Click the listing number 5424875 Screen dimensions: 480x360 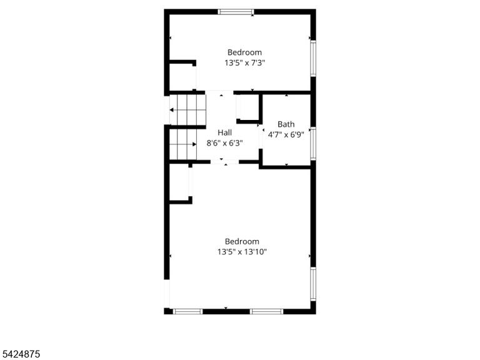point(20,354)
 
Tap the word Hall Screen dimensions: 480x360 point(225,132)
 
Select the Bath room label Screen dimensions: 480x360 point(286,124)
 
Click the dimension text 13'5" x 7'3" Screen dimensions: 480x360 point(244,63)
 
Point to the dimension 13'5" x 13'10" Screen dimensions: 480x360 point(242,252)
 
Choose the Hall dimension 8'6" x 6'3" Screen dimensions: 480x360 point(225,143)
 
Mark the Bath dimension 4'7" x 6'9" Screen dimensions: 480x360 point(286,135)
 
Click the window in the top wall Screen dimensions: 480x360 point(236,12)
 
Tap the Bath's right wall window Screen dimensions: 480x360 point(313,143)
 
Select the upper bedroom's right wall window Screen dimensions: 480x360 point(313,59)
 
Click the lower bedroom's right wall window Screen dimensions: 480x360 point(313,284)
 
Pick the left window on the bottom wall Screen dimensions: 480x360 point(187,311)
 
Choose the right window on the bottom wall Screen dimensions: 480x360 point(267,311)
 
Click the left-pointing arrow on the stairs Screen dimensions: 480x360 point(172,110)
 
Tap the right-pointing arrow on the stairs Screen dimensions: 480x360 point(194,144)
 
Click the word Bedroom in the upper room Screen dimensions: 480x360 point(244,52)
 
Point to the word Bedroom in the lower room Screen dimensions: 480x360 point(242,241)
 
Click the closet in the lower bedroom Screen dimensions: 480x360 point(180,182)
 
